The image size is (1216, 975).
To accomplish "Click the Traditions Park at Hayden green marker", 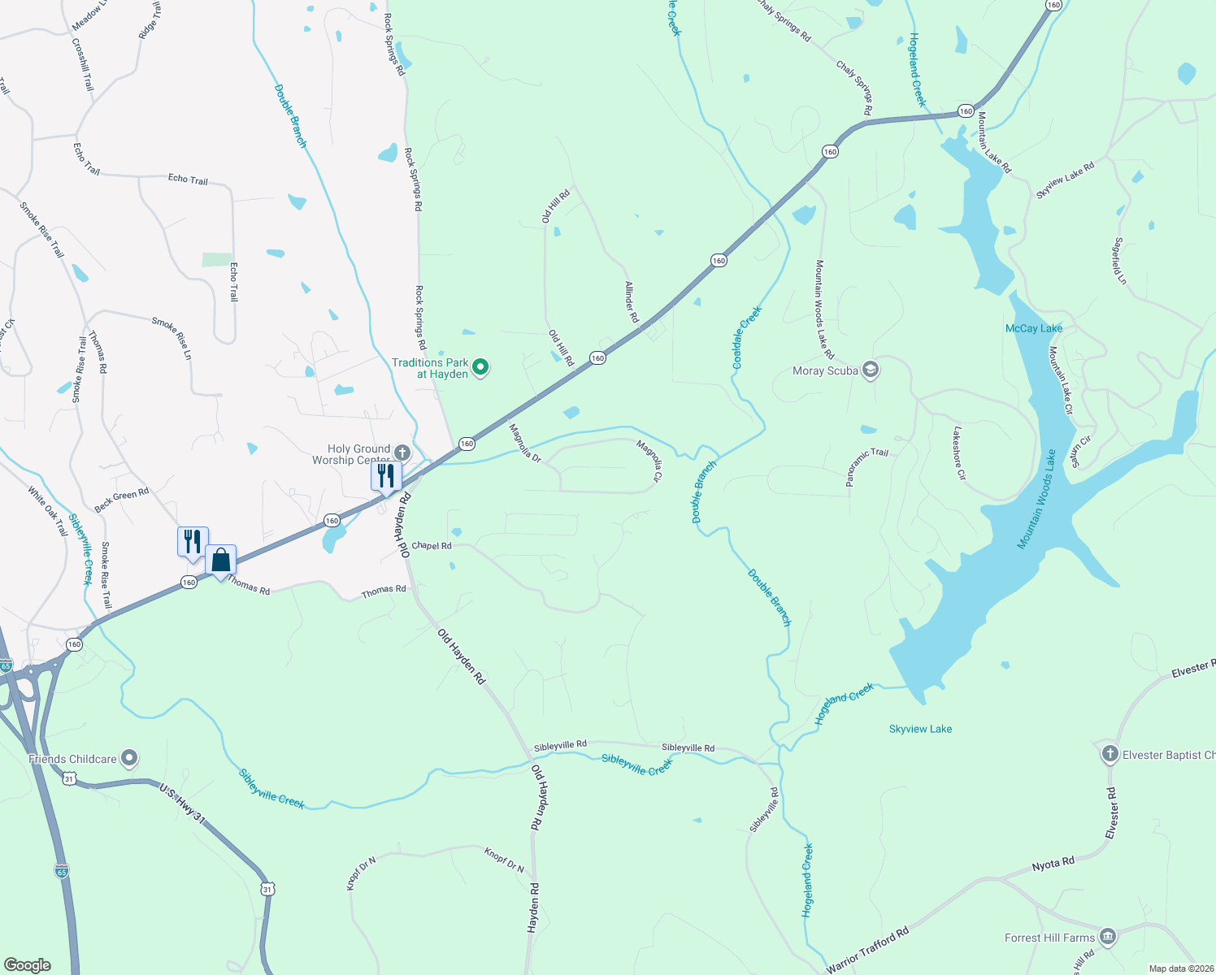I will tap(480, 368).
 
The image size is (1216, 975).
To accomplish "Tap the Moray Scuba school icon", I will tap(870, 371).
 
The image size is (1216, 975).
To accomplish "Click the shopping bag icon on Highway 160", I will tap(220, 560).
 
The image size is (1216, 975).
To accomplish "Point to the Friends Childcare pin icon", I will tap(129, 759).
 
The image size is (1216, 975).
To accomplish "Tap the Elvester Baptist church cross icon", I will tap(1110, 754).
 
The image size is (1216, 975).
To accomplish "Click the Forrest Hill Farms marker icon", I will tap(1107, 937).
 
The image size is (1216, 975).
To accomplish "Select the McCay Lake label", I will tap(1033, 328).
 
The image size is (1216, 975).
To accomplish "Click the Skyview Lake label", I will tap(920, 729).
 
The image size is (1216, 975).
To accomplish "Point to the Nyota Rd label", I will tap(1053, 864).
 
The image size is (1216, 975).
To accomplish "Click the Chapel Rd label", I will tap(432, 546).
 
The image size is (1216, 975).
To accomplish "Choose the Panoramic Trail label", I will tap(866, 466).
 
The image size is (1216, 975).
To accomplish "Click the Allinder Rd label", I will tap(631, 302).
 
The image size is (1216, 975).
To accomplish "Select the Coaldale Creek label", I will tap(747, 337).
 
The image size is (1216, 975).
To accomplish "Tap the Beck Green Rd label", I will tap(121, 500).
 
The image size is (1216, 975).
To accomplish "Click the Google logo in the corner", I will tap(28, 965).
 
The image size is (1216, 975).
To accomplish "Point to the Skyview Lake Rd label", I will tap(1065, 180).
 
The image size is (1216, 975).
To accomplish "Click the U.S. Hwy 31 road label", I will tap(182, 804).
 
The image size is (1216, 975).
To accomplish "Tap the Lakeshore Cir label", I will tap(959, 453).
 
